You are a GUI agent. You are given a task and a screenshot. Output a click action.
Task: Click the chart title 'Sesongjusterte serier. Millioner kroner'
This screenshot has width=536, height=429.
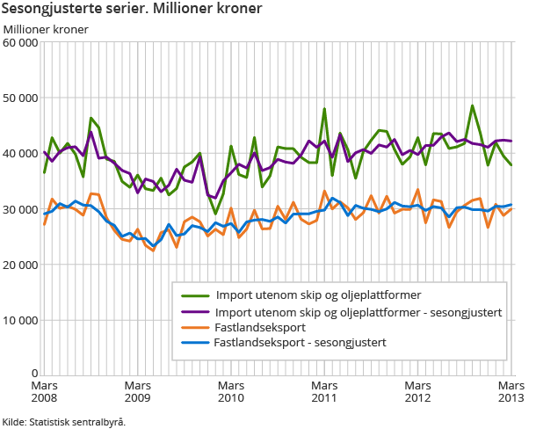132,10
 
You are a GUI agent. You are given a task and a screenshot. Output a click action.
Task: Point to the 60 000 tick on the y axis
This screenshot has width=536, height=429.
21,42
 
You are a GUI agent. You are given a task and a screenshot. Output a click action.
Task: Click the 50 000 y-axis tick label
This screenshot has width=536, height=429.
21,98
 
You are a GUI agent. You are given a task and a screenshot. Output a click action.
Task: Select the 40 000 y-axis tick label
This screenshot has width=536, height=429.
21,153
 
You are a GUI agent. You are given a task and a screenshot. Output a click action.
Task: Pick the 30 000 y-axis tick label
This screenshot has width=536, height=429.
21,208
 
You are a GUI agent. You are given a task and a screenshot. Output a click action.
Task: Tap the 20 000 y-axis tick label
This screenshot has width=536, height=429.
21,264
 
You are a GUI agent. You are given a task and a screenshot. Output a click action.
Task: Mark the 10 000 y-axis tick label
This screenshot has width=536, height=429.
21,319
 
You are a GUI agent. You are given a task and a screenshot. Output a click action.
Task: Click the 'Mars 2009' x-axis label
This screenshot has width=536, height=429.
138,392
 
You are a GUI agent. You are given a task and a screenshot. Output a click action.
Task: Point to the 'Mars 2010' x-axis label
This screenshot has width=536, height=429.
231,392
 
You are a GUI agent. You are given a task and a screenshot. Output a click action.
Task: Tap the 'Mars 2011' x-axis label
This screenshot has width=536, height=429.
324,392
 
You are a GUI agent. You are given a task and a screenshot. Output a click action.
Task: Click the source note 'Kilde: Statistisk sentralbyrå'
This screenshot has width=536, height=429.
63,421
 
